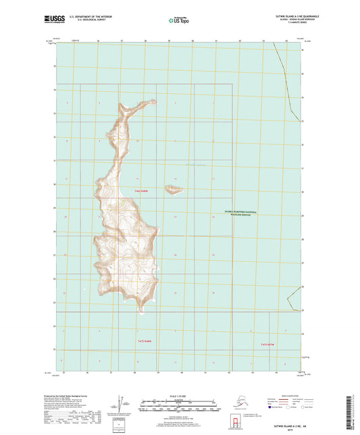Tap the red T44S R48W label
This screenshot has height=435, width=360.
(140, 192)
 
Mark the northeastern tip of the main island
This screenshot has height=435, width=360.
(153, 102)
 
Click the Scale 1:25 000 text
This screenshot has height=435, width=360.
(180, 396)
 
